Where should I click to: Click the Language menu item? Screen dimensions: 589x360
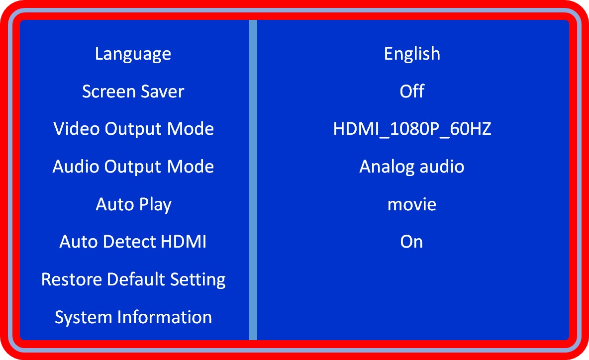pyautogui.click(x=133, y=54)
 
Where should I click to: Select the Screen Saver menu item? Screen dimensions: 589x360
pyautogui.click(x=133, y=91)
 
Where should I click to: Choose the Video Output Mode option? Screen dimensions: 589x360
pyautogui.click(x=133, y=129)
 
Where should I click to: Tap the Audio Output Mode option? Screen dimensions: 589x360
pyautogui.click(x=133, y=167)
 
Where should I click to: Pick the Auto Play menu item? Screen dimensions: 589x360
pyautogui.click(x=133, y=204)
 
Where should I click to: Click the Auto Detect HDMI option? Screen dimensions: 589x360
pyautogui.click(x=133, y=241)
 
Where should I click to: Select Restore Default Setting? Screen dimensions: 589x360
pyautogui.click(x=133, y=279)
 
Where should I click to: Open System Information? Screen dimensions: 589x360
pyautogui.click(x=133, y=317)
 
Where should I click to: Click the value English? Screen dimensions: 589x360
pyautogui.click(x=412, y=54)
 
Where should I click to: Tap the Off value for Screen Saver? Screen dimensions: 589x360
pyautogui.click(x=412, y=91)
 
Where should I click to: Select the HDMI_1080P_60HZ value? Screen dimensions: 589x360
pyautogui.click(x=412, y=129)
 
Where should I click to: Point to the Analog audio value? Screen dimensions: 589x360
pyautogui.click(x=412, y=167)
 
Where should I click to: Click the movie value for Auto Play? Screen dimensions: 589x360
pyautogui.click(x=412, y=204)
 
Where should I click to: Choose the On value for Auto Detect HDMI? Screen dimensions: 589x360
pyautogui.click(x=411, y=241)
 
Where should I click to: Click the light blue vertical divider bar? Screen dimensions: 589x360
pyautogui.click(x=253, y=180)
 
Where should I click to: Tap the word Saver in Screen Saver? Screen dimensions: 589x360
pyautogui.click(x=162, y=91)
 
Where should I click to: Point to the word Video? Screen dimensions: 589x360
pyautogui.click(x=77, y=129)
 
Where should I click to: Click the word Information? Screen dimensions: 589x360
pyautogui.click(x=165, y=317)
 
